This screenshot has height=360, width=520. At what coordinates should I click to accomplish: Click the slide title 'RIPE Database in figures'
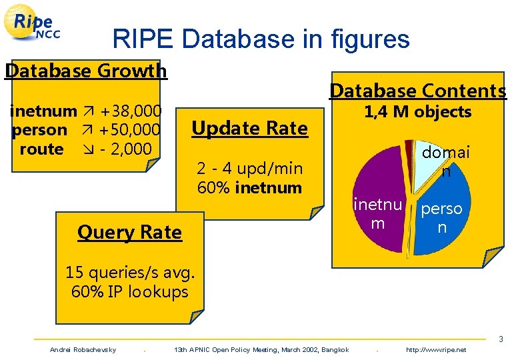point(261,39)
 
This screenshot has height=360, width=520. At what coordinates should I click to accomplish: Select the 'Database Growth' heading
point(85,70)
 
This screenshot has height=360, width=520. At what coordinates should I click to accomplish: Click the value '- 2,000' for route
point(125,149)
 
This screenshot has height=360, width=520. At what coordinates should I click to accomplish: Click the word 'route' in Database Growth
point(41,149)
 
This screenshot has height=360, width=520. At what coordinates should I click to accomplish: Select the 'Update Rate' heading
point(249,128)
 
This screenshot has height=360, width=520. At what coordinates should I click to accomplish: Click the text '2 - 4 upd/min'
point(249,169)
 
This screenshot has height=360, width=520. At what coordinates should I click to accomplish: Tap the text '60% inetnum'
point(249,187)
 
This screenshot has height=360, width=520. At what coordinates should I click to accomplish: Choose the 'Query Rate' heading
point(129,232)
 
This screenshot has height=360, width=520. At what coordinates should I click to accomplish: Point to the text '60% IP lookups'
point(129,291)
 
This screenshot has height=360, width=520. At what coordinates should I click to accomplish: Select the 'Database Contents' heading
point(418,91)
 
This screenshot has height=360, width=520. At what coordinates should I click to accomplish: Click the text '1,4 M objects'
point(417,112)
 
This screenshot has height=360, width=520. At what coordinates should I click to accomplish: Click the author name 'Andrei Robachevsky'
point(83,350)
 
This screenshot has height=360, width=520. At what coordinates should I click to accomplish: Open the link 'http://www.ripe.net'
point(436,350)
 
